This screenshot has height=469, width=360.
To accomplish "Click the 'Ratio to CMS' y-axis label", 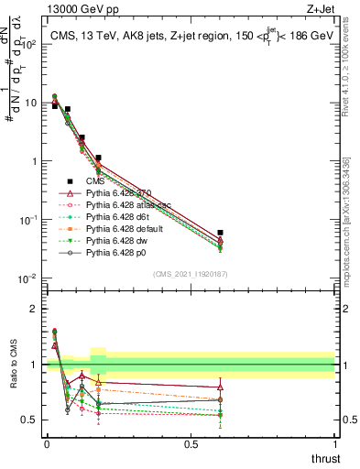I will coord(13,376).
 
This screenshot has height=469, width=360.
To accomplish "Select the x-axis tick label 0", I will coord(46,443).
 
